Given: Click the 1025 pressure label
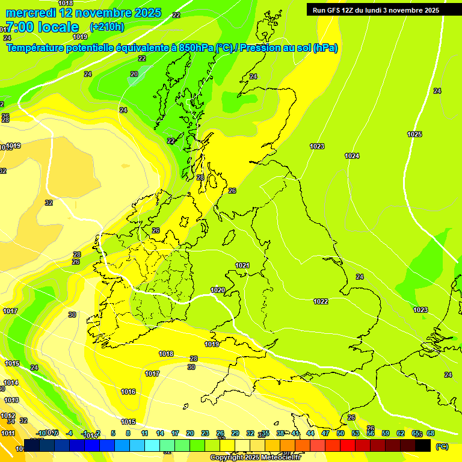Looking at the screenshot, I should click(414, 134).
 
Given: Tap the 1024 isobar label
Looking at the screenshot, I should click(352, 156).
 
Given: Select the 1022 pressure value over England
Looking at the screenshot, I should click(321, 301).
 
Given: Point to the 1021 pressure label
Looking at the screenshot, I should click(242, 265).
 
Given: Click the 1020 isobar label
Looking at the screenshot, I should click(218, 290).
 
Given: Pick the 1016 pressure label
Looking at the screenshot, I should click(128, 392).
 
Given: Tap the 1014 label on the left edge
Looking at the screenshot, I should click(11, 383).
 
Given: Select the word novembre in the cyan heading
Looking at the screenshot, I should click(102, 13).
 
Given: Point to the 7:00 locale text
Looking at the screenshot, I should click(42, 27).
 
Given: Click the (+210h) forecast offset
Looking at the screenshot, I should click(106, 26).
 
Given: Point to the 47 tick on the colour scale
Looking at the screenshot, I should click(325, 433).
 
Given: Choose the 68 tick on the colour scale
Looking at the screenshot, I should click(431, 433).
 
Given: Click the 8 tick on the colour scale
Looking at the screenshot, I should click(128, 433).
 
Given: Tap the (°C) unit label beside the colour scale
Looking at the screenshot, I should click(442, 446).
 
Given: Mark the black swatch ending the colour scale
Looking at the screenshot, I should click(423, 445).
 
